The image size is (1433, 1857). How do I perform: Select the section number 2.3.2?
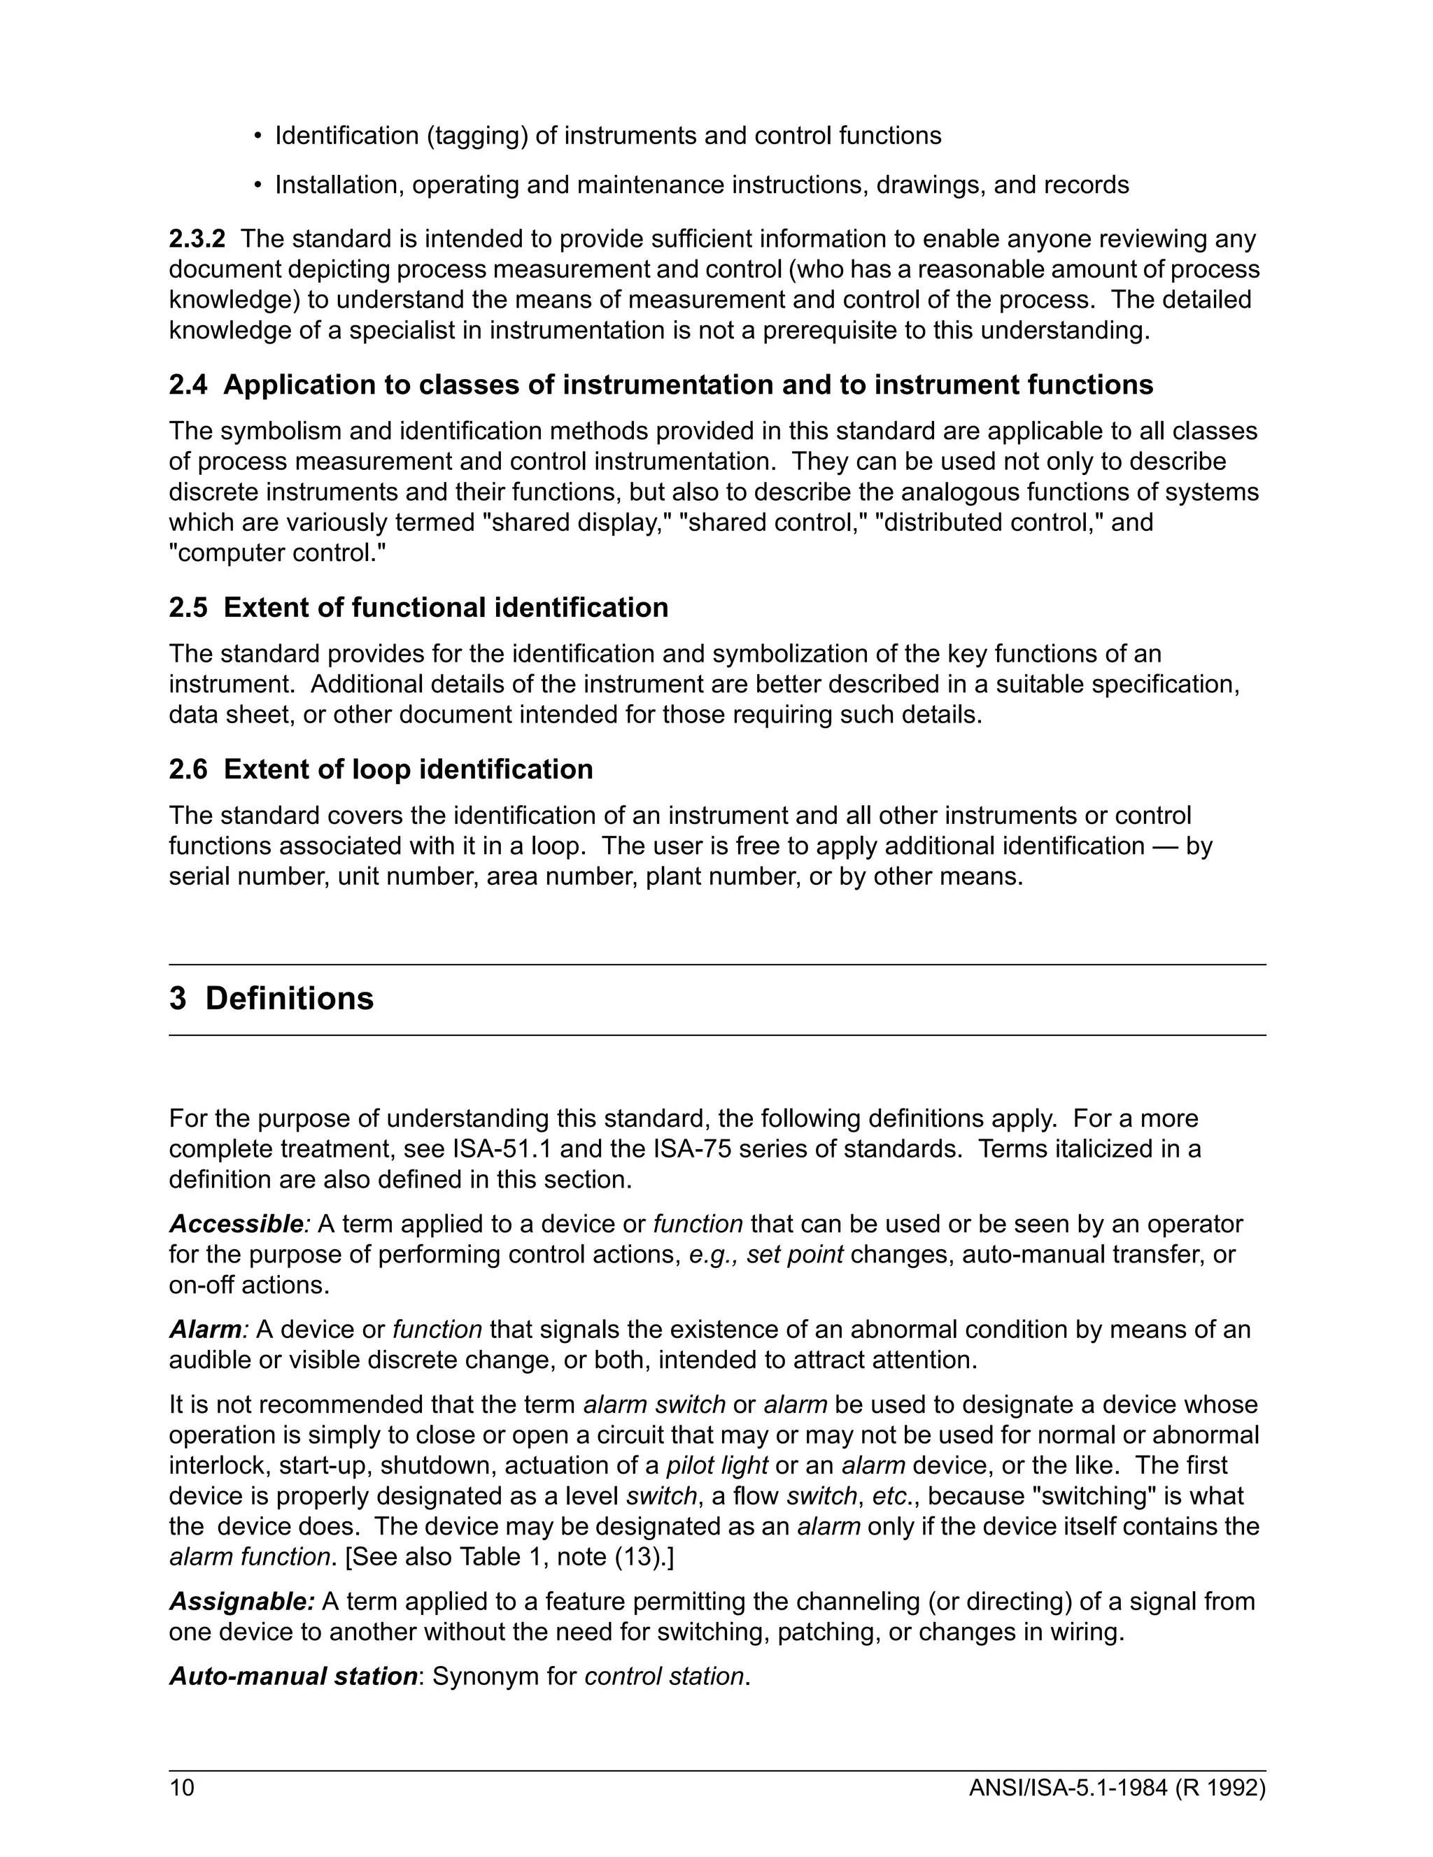[197, 239]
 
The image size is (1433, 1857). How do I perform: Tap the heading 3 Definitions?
[271, 998]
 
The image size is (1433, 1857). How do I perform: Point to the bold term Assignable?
[241, 1601]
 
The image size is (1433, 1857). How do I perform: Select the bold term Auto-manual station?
[292, 1676]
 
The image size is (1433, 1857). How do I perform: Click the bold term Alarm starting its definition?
[205, 1329]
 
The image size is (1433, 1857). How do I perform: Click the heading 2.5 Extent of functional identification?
[418, 607]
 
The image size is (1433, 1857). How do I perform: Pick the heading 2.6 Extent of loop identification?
[381, 769]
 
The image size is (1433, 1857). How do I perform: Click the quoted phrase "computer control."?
[277, 553]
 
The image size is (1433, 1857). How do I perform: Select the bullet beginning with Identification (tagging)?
[607, 136]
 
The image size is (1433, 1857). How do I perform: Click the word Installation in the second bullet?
[338, 185]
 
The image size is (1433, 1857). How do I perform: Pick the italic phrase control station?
[664, 1676]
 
